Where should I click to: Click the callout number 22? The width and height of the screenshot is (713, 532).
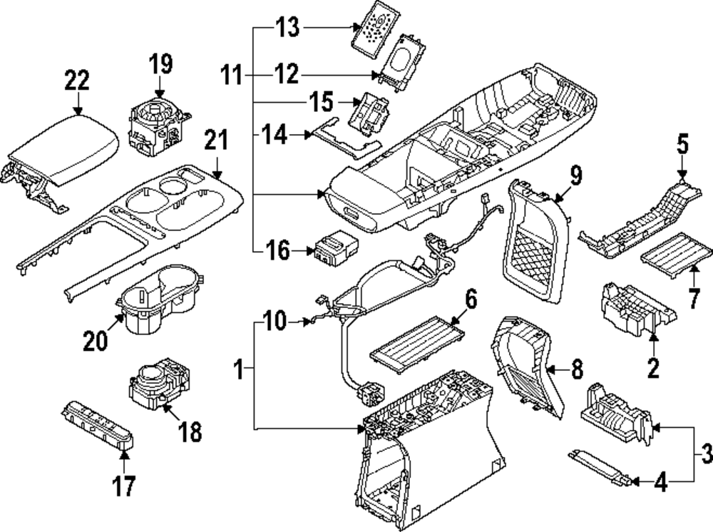(76, 79)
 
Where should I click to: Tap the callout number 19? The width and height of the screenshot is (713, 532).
(160, 63)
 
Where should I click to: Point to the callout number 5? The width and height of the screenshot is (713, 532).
(682, 146)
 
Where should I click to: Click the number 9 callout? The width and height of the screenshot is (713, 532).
(575, 173)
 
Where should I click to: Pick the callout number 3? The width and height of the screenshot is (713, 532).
(704, 452)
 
